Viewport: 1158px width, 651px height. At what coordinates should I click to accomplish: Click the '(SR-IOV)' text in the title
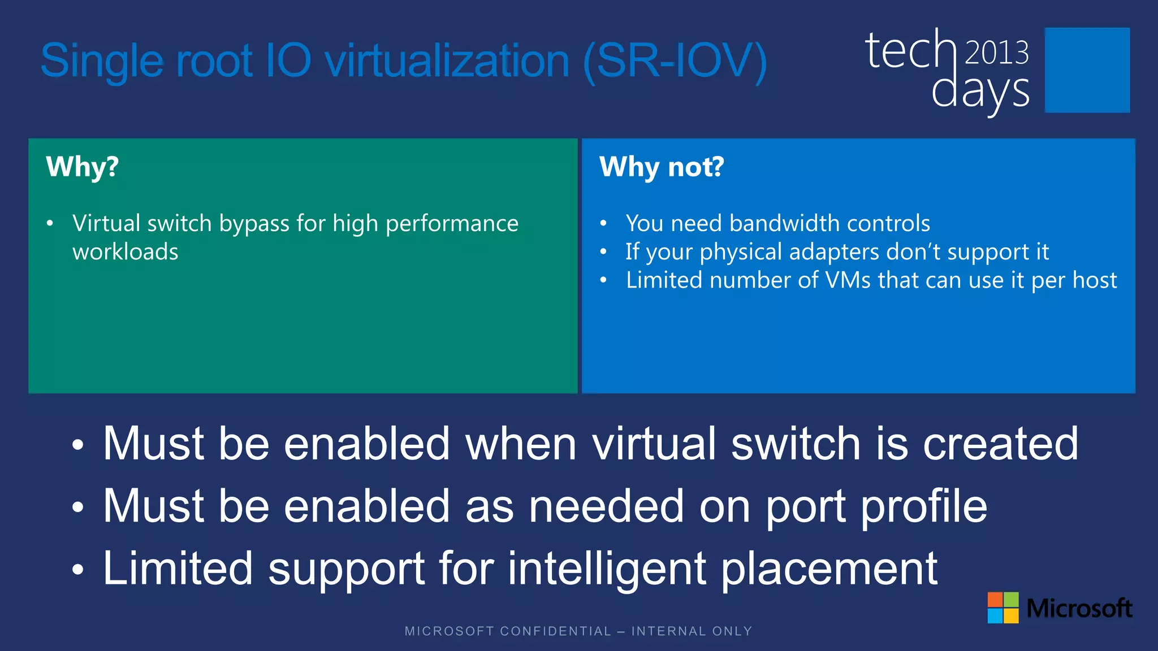675,61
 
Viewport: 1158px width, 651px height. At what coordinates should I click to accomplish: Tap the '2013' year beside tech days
996,53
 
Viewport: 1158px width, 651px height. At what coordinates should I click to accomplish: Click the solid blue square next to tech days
1087,70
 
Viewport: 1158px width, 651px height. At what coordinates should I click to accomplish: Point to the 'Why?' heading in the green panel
83,167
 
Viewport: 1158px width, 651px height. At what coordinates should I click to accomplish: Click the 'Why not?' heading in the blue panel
662,167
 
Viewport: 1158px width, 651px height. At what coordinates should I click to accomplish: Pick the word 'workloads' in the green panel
126,252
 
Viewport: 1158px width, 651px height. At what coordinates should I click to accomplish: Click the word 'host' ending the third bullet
1095,280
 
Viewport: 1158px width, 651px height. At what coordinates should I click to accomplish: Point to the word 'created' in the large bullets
1000,444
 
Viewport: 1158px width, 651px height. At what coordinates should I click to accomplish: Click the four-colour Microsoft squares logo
1003,607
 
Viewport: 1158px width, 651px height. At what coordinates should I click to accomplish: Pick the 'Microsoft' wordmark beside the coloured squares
1079,608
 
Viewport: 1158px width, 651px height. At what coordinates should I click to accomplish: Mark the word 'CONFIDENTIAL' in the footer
556,631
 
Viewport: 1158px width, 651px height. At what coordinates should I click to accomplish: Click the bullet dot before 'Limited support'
77,570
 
